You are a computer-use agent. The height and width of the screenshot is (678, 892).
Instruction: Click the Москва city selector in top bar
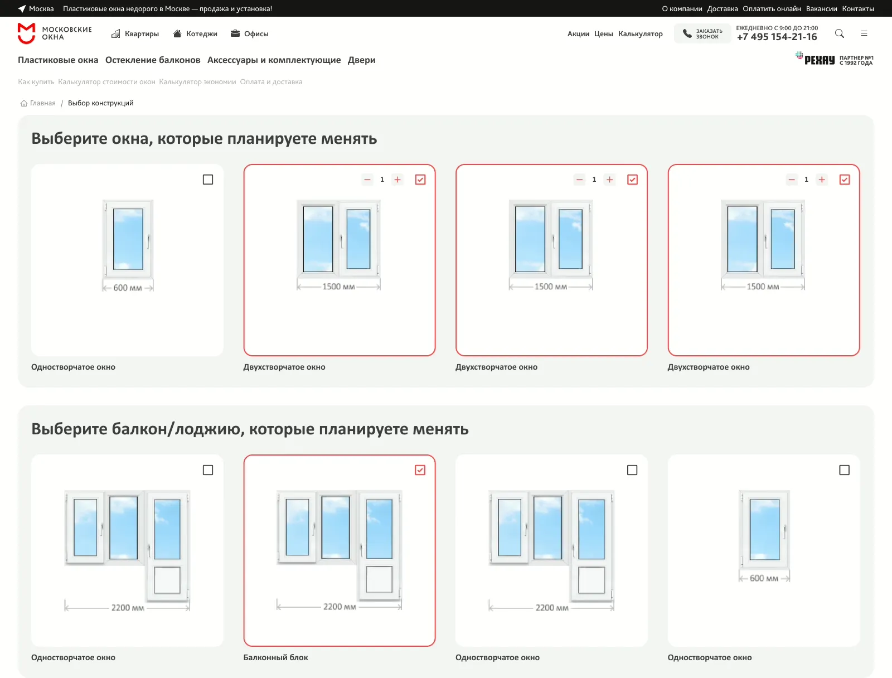[x=36, y=8]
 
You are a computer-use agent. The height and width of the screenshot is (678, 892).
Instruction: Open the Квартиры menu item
[x=135, y=33]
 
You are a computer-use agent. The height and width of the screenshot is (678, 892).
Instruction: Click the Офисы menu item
[x=250, y=33]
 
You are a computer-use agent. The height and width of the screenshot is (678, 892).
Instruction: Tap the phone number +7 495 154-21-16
[x=777, y=37]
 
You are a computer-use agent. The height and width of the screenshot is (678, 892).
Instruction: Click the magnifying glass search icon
[x=839, y=33]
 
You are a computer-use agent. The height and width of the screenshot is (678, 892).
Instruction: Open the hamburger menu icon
[x=864, y=33]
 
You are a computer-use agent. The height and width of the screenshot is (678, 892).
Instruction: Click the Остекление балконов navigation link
[x=153, y=60]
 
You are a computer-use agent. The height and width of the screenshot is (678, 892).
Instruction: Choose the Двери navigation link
[x=361, y=60]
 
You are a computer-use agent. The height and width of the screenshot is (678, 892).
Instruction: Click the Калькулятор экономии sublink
[x=197, y=81]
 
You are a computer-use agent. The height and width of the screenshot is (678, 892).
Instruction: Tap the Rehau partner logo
[x=834, y=59]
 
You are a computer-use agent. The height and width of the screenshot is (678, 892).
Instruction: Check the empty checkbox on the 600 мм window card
[x=208, y=180]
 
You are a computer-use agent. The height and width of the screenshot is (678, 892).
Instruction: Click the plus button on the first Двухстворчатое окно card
[x=397, y=180]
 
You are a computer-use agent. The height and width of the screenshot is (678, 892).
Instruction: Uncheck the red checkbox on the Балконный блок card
[x=420, y=470]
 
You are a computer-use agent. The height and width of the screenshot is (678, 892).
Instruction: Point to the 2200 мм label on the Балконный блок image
[x=340, y=607]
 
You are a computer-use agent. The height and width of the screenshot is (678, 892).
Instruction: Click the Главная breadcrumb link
[x=42, y=103]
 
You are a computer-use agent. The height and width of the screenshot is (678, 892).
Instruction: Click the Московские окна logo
[x=55, y=33]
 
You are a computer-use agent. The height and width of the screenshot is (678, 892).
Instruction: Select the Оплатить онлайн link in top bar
[x=772, y=8]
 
